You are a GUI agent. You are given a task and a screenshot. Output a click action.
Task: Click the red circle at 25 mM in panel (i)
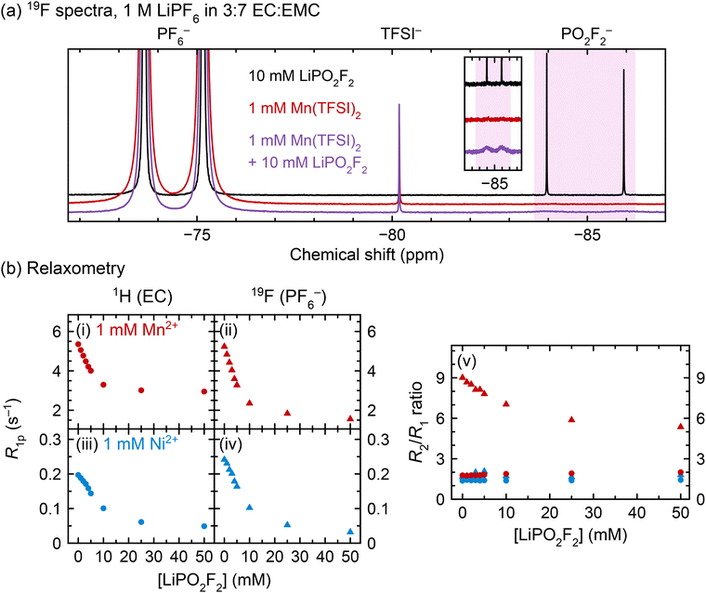pyautogui.click(x=140, y=390)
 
